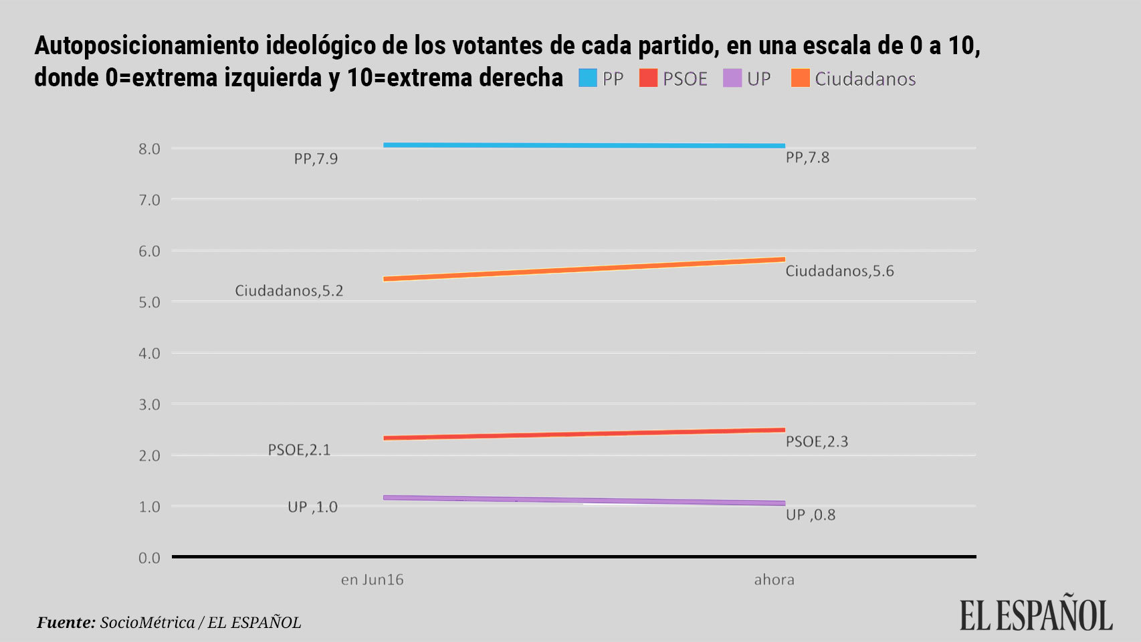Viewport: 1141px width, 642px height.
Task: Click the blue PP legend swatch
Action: click(587, 78)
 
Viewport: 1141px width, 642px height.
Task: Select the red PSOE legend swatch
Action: click(648, 78)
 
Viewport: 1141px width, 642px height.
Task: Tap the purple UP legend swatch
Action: click(732, 78)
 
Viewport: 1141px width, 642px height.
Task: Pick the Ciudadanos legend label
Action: click(865, 79)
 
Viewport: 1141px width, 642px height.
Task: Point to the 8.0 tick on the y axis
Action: click(149, 149)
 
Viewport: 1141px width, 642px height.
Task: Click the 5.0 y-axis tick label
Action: click(149, 302)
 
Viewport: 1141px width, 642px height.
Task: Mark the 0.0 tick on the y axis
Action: click(149, 558)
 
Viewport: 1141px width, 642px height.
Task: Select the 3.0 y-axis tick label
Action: click(149, 405)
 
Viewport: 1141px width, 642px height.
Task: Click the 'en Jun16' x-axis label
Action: click(372, 580)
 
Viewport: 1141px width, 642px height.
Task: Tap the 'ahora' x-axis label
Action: click(774, 580)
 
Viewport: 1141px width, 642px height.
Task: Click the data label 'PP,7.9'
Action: click(316, 159)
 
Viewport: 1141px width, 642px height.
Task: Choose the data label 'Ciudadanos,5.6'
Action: click(839, 272)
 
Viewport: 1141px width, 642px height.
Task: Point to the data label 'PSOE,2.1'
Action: click(299, 450)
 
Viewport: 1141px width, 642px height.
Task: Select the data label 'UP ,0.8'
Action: click(811, 515)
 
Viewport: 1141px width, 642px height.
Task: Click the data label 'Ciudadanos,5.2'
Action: click(289, 291)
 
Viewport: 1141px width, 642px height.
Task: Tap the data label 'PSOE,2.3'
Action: click(817, 442)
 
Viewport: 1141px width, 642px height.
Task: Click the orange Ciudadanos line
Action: click(584, 269)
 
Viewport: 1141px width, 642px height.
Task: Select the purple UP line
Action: click(584, 500)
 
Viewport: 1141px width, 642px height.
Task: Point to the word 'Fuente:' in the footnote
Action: click(66, 623)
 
